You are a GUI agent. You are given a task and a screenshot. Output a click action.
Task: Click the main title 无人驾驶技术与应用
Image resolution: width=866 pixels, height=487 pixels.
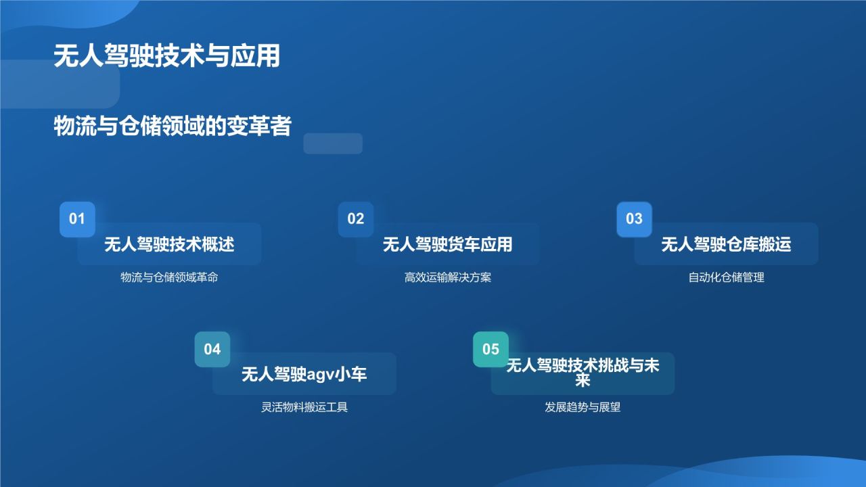pos(166,56)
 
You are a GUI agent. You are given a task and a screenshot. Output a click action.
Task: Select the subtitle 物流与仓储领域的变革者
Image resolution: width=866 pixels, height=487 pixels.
pos(172,126)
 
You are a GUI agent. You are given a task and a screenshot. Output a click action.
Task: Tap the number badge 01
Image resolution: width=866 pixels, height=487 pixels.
pos(77,219)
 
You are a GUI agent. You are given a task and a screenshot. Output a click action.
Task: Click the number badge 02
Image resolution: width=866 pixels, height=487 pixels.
pos(356,219)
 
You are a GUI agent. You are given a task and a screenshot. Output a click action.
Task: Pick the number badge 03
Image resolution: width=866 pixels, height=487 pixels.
pos(634,219)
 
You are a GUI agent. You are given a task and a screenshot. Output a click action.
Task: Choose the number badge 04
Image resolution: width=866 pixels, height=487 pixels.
pos(212,350)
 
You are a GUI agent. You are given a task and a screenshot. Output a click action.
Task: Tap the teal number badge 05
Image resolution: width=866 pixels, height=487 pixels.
pos(491,350)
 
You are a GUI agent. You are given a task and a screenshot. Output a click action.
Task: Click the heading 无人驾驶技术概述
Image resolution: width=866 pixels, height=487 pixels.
pos(169,244)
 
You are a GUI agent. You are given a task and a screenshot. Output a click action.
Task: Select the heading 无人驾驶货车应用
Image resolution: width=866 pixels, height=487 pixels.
pos(448,244)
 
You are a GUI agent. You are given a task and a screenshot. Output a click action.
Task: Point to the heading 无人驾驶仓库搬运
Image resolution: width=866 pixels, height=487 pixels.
pos(726,244)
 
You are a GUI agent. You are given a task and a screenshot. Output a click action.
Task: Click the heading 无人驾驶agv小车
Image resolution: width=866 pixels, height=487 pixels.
pos(304,374)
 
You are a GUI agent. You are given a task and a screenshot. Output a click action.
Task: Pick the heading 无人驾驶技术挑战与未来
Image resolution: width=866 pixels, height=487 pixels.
pos(583,367)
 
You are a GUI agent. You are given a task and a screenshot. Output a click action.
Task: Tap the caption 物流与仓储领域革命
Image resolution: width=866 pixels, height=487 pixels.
pos(169,277)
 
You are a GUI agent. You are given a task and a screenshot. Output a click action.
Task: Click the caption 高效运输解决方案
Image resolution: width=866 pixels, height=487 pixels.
pos(448,277)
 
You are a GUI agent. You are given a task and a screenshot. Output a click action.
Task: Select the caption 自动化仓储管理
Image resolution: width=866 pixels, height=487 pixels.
pos(726,277)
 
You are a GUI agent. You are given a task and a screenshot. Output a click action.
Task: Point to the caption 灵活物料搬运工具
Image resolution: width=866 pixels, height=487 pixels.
pos(304,408)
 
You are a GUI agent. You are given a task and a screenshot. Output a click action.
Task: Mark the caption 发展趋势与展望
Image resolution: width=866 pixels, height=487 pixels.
pos(583,408)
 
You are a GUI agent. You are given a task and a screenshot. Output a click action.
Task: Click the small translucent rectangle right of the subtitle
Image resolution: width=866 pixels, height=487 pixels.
pos(333,143)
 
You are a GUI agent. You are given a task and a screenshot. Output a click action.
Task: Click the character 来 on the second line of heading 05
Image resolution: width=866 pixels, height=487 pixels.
pos(583,381)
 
